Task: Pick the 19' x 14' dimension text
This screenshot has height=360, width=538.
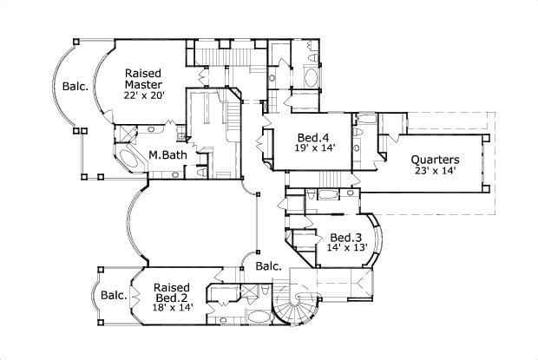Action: coord(312,147)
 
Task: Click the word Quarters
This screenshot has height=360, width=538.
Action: coord(435,160)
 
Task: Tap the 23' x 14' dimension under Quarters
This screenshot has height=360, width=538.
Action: coord(435,172)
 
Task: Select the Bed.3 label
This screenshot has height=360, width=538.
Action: coord(346,237)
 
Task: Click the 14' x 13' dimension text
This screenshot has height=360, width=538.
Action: coord(346,248)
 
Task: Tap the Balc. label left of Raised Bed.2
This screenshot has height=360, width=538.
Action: coord(114,296)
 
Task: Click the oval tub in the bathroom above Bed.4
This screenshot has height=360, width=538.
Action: coord(311,79)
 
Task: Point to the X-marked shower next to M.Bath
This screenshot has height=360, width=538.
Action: coord(125,132)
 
